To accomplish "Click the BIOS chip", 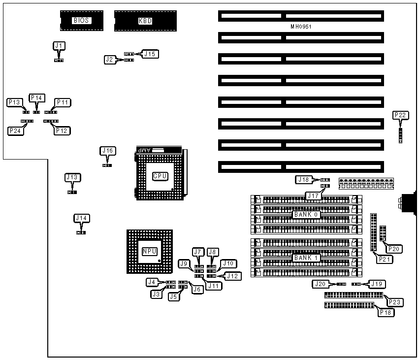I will (x=82, y=20).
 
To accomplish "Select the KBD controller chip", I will (x=145, y=21).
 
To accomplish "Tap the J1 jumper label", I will (x=59, y=46).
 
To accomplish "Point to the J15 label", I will (x=150, y=54).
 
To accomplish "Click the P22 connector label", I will (x=400, y=115).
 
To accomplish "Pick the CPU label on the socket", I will (x=161, y=176).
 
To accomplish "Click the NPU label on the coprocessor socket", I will (x=149, y=251).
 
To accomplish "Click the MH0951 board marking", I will (x=301, y=27).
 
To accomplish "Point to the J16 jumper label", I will (x=107, y=151).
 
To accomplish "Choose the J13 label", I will (x=72, y=177).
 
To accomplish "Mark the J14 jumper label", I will (x=82, y=218).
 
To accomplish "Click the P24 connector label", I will (x=14, y=131).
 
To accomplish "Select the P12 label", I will (x=63, y=131).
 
